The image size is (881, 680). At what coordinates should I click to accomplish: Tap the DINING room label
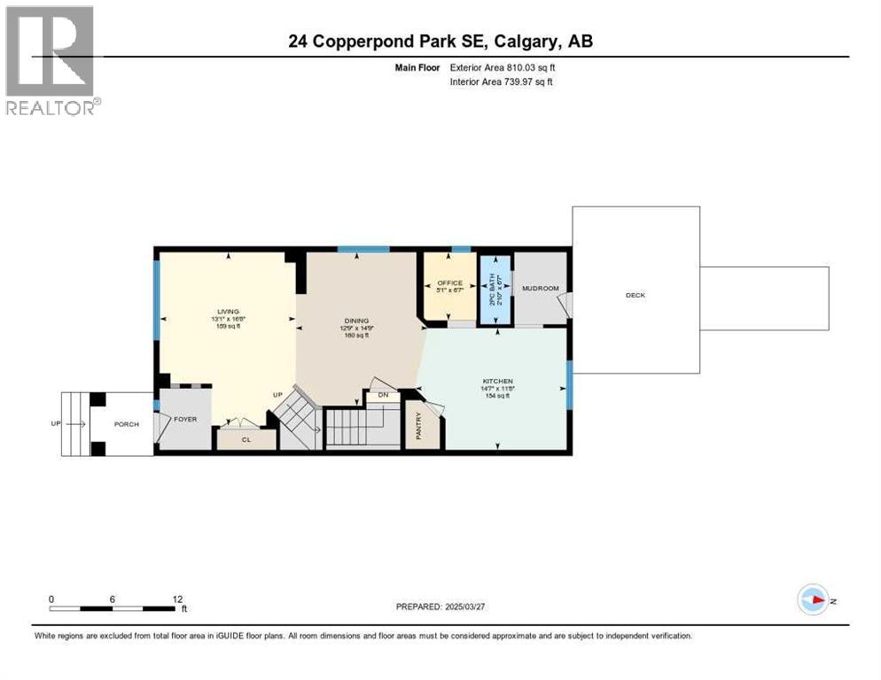[x=357, y=321]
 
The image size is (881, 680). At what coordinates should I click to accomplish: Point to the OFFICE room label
[x=450, y=283]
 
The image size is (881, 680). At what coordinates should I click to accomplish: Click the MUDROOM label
[x=540, y=289]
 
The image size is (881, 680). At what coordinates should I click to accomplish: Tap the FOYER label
[x=185, y=419]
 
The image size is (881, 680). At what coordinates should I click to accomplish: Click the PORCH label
[x=127, y=424]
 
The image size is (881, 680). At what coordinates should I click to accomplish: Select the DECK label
[x=635, y=295]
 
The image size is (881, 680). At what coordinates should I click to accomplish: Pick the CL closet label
[x=246, y=438]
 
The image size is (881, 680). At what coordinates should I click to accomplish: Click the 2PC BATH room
[x=495, y=289]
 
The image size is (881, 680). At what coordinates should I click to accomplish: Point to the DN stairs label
[x=383, y=395]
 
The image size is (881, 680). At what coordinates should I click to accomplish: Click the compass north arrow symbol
[x=813, y=600]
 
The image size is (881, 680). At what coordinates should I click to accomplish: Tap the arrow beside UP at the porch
[x=76, y=424]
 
